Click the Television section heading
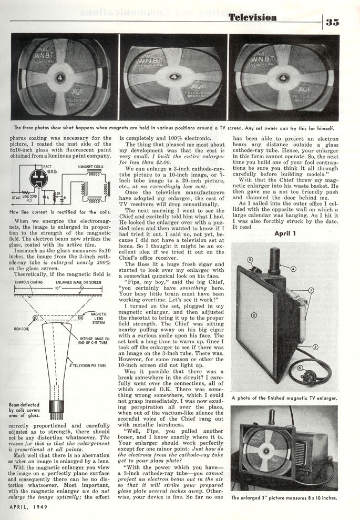[252, 18]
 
